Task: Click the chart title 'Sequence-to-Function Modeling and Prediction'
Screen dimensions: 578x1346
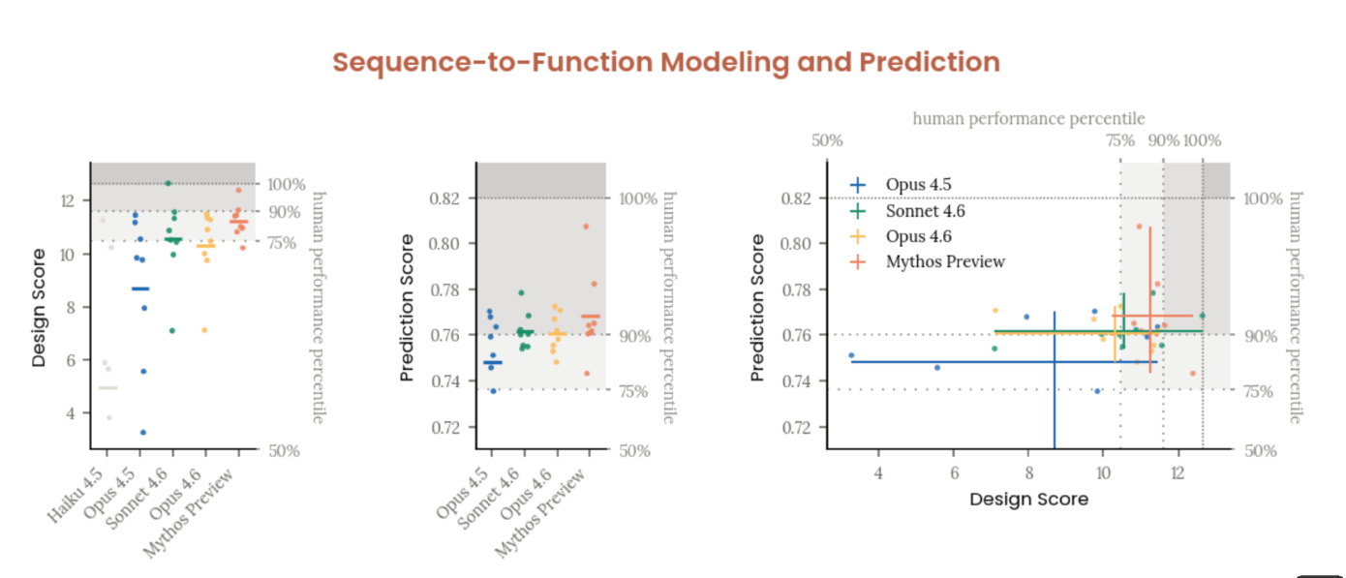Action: [x=666, y=63]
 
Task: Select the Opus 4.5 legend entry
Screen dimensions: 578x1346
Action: [x=918, y=185]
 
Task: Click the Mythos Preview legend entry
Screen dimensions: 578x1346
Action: [x=944, y=261]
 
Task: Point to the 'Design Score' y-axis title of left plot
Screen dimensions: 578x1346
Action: [x=39, y=308]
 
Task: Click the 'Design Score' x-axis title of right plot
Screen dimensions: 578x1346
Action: [x=1028, y=500]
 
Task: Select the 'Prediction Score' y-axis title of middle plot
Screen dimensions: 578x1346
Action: [x=407, y=306]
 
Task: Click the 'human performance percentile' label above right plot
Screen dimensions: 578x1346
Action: [x=1028, y=119]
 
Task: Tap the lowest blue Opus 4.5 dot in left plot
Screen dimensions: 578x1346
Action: [x=142, y=432]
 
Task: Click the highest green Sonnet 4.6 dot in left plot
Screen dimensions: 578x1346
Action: [x=168, y=183]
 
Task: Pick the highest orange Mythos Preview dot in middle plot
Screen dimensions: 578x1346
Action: [x=586, y=227]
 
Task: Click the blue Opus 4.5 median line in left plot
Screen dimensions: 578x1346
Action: [x=140, y=289]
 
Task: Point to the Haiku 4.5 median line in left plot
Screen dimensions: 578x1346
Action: [x=107, y=388]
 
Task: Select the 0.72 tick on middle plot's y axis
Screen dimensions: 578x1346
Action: [x=451, y=427]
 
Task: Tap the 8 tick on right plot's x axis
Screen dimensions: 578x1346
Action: [x=1027, y=473]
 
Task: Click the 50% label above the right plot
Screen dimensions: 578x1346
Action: [x=827, y=140]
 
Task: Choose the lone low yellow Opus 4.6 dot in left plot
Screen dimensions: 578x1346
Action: [x=204, y=330]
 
